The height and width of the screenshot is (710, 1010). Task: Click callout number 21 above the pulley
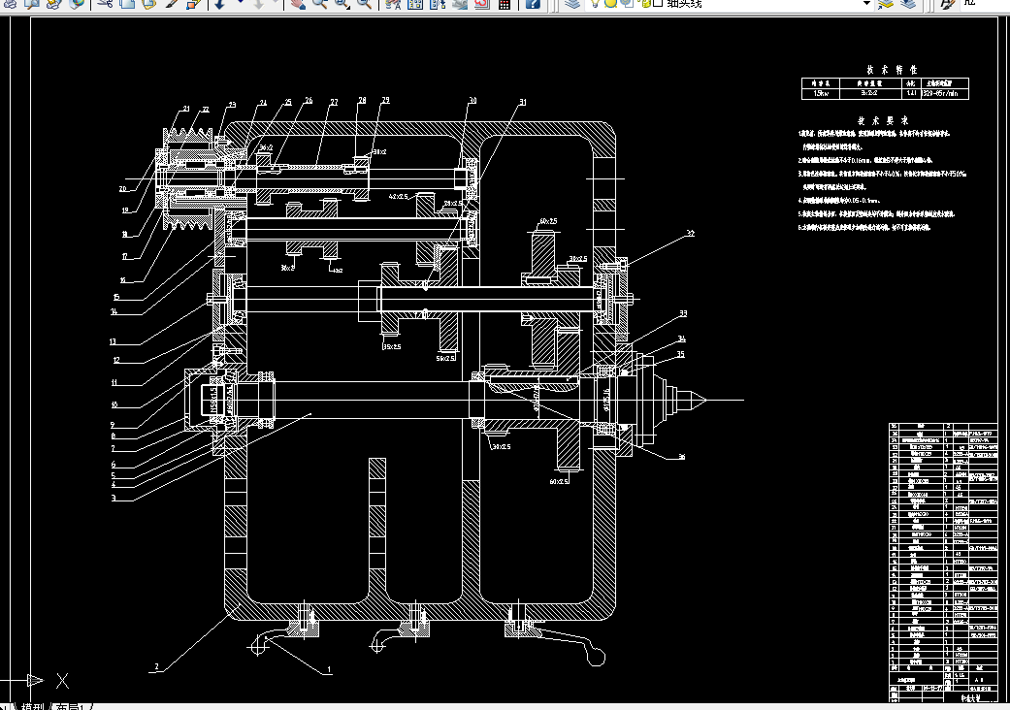(x=185, y=108)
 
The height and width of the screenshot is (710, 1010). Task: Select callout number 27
(x=333, y=102)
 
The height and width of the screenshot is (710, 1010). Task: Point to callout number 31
(x=522, y=102)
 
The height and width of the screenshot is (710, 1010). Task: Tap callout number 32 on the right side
(x=690, y=234)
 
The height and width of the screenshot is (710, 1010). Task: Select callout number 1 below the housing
(x=329, y=669)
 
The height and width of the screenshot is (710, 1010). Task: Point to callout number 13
(x=113, y=341)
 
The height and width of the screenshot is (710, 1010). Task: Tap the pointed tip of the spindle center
(x=704, y=398)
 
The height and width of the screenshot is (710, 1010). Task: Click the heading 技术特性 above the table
(x=884, y=70)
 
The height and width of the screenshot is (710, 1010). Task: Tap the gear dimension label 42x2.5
(x=398, y=196)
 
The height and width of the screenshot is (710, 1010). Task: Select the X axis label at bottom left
(x=62, y=680)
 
